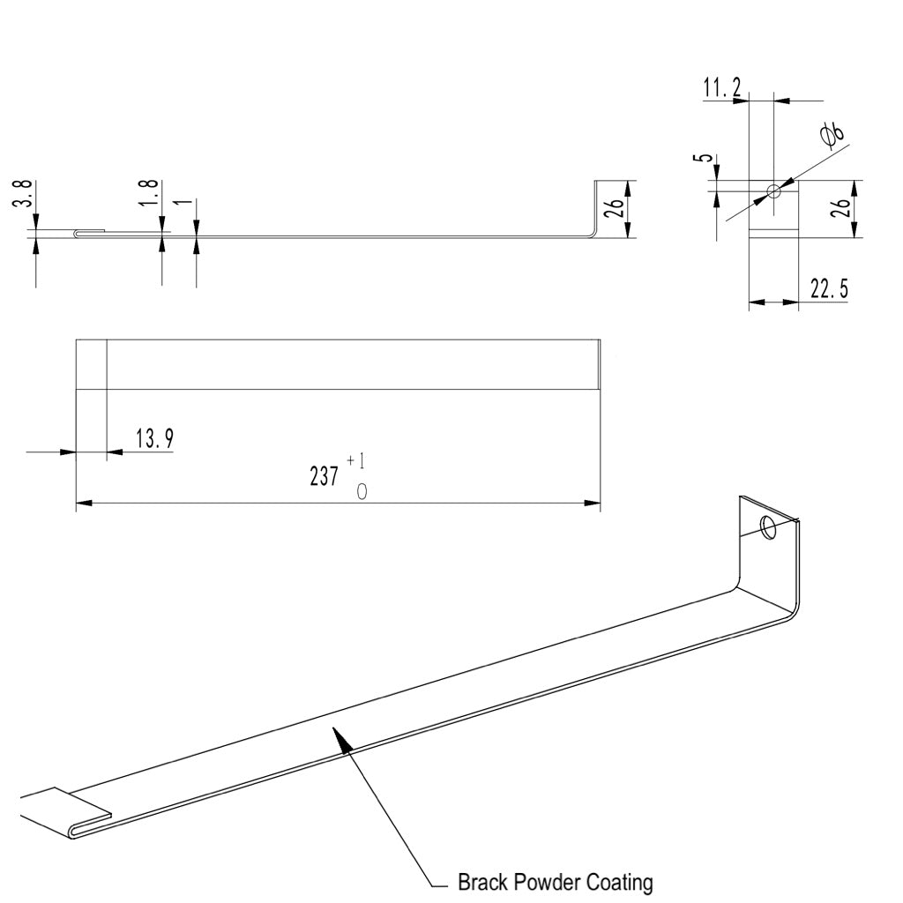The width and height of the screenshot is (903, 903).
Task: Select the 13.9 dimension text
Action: click(153, 438)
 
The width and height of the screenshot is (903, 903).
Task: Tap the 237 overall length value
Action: click(324, 477)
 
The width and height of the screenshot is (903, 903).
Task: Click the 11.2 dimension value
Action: click(721, 87)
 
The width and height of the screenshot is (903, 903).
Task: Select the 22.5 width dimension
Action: click(829, 289)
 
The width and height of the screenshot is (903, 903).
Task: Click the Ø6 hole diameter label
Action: click(832, 134)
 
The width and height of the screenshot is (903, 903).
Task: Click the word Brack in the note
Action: click(482, 882)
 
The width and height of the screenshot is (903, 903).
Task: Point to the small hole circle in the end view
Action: click(773, 190)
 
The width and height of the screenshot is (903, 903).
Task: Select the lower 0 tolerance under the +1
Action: click(362, 492)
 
